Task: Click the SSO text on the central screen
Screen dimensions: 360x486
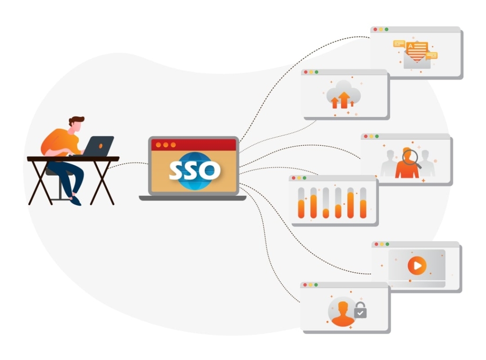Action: click(x=194, y=170)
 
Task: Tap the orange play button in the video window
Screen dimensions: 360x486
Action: click(x=417, y=266)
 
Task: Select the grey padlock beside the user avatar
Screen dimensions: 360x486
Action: click(x=360, y=310)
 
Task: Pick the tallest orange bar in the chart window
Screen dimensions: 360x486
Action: click(x=351, y=205)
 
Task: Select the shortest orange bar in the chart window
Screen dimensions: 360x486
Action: click(x=326, y=213)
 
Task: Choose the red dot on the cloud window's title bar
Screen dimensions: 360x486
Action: click(x=305, y=72)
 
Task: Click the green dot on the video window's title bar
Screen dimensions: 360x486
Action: click(x=387, y=244)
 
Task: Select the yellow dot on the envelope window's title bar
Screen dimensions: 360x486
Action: click(x=381, y=29)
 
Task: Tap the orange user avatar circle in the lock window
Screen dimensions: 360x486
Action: click(x=343, y=311)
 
